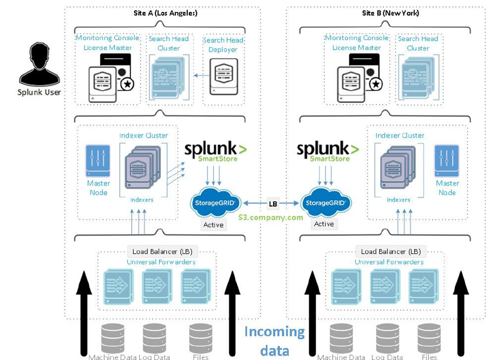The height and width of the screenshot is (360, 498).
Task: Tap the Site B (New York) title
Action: pos(390,13)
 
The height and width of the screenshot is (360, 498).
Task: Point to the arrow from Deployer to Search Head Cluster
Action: pos(201,75)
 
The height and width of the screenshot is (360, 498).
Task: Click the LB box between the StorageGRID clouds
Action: pos(273,204)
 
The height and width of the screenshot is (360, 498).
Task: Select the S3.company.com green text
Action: pos(271,217)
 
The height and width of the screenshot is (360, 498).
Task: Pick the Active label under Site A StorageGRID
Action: pos(213,225)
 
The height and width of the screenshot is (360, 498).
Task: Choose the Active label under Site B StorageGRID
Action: pos(324,224)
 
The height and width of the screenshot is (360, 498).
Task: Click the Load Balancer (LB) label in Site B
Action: pos(391,252)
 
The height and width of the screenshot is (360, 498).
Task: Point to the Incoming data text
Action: pos(274,341)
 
